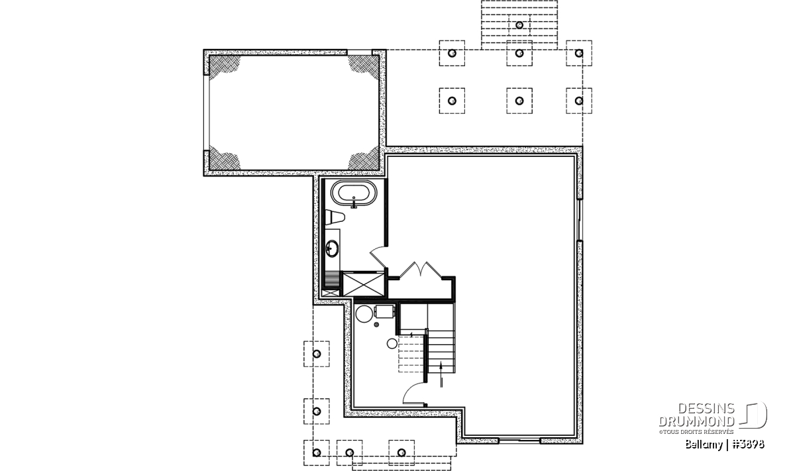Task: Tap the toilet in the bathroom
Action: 335,217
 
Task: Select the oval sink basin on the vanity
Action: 333,248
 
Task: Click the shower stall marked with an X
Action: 363,284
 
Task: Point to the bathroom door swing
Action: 379,256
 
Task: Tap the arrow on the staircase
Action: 441,374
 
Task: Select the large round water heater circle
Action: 364,314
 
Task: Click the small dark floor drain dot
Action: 376,325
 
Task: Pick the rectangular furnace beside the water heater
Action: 385,311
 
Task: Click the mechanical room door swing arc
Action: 413,393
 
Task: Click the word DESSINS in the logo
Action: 706,409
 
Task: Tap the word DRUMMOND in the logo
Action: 696,421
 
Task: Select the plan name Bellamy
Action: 703,445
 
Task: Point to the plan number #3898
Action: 749,445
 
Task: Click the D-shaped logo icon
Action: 753,415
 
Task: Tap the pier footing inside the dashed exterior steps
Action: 519,25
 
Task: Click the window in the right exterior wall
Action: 580,220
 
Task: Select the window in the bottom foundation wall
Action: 519,441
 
